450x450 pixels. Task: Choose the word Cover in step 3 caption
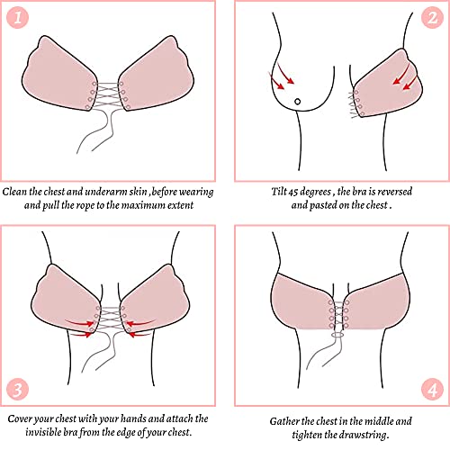tap(24, 418)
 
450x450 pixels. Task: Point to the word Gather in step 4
tap(286, 420)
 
